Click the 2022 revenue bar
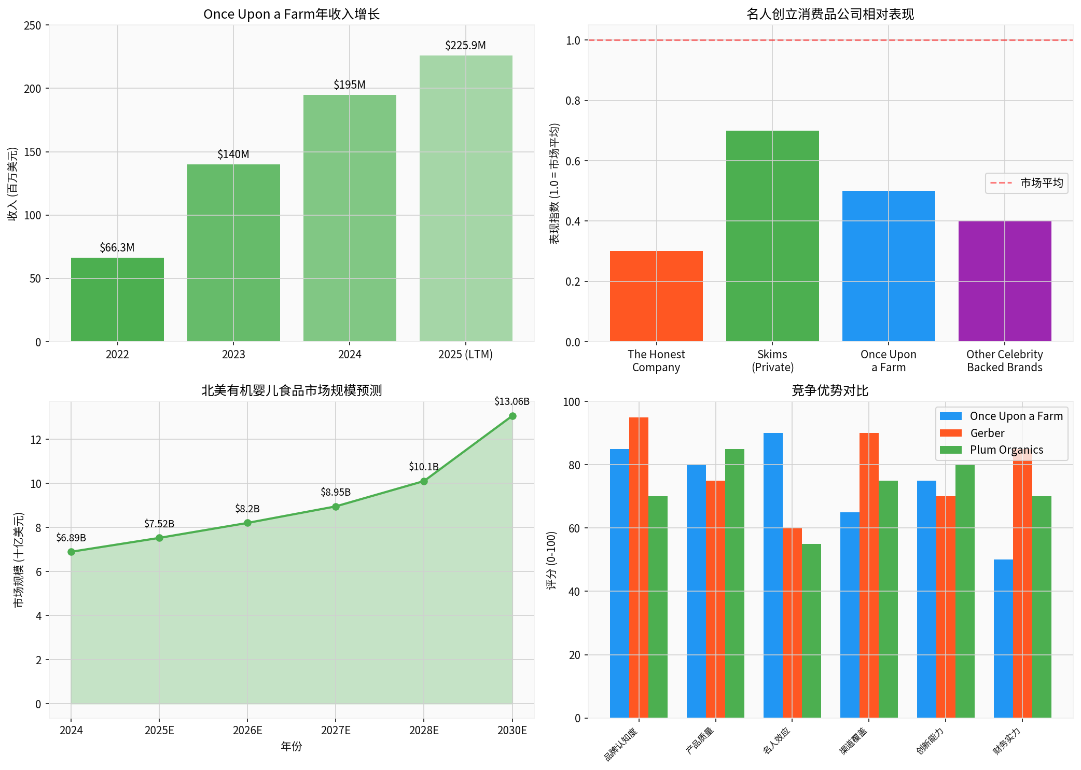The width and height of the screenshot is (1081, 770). pyautogui.click(x=117, y=299)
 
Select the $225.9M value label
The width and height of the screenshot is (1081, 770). pyautogui.click(x=465, y=46)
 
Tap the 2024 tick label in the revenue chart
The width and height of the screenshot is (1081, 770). pyautogui.click(x=350, y=355)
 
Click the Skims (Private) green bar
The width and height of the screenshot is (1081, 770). pyautogui.click(x=772, y=236)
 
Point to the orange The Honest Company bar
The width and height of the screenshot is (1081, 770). pyautogui.click(x=656, y=296)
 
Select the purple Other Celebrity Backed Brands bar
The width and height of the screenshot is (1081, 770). pyautogui.click(x=1005, y=281)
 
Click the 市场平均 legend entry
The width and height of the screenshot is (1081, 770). pyautogui.click(x=1027, y=183)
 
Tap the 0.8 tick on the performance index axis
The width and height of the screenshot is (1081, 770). pyautogui.click(x=573, y=101)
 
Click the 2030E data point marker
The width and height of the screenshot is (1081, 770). pyautogui.click(x=512, y=416)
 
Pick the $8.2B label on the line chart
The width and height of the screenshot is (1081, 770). pyautogui.click(x=247, y=509)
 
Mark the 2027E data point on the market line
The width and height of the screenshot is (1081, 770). pyautogui.click(x=336, y=507)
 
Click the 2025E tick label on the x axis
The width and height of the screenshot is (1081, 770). pyautogui.click(x=159, y=731)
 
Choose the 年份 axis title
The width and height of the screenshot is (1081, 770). pyautogui.click(x=292, y=747)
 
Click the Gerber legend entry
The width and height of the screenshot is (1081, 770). pyautogui.click(x=987, y=433)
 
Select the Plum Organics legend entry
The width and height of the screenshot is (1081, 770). pyautogui.click(x=1006, y=450)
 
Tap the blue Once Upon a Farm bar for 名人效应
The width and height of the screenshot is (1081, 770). pyautogui.click(x=773, y=576)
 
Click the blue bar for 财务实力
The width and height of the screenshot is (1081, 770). pyautogui.click(x=1003, y=639)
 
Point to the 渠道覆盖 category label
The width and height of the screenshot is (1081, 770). pyautogui.click(x=854, y=741)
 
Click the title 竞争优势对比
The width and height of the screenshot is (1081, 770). pyautogui.click(x=830, y=390)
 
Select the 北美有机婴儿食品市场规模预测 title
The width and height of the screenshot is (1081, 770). pyautogui.click(x=292, y=390)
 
